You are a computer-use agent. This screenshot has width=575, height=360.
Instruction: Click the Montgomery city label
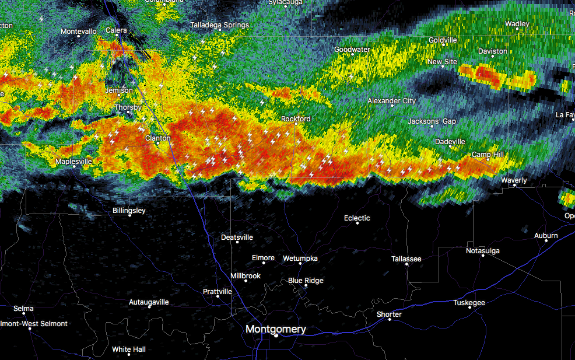[275, 329]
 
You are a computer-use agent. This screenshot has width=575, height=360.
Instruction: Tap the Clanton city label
[157, 138]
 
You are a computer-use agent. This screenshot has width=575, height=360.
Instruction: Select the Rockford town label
[296, 118]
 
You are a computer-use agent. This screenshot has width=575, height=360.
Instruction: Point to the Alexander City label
[391, 101]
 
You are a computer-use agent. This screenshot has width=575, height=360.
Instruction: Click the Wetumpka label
[300, 258]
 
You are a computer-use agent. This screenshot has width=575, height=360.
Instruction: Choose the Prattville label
[218, 291]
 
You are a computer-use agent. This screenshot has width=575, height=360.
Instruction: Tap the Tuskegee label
[469, 303]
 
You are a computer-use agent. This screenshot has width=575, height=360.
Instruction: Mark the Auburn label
[546, 236]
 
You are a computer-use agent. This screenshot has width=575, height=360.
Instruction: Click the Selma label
[23, 309]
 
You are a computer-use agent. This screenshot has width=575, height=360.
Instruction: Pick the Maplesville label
[73, 161]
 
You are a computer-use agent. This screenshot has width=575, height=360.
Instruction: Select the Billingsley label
[129, 211]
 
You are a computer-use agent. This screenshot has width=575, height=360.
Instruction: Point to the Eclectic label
[357, 218]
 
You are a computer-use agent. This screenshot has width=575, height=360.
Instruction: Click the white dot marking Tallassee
[406, 264]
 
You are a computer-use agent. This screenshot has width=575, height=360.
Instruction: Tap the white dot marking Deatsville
[237, 242]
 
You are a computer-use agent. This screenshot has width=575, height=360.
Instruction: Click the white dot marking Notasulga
[482, 256]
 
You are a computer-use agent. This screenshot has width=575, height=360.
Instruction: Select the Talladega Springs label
[219, 25]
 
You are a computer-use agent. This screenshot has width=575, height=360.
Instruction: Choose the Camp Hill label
[488, 155]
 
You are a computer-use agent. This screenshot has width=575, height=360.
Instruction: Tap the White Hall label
[128, 349]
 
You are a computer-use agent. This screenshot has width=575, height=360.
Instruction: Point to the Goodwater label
[352, 50]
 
